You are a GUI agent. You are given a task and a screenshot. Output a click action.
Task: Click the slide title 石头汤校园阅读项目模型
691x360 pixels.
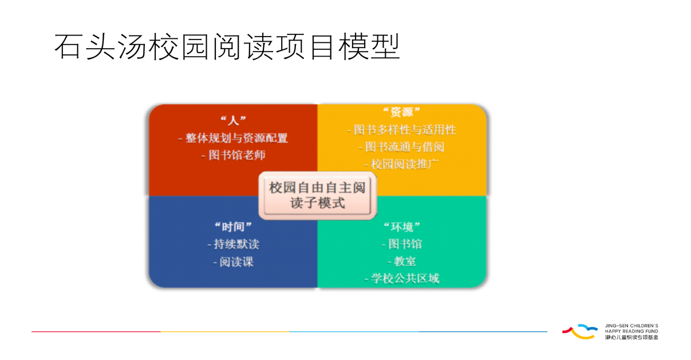[x=227, y=47]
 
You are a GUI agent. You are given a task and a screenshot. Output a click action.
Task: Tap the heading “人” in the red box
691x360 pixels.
[x=233, y=120]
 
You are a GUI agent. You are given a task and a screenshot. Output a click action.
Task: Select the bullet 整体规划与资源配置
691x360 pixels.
[x=233, y=138]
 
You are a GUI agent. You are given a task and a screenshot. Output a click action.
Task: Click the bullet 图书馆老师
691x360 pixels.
[x=233, y=155]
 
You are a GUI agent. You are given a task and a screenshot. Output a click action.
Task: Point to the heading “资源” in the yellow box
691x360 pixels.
[x=401, y=112]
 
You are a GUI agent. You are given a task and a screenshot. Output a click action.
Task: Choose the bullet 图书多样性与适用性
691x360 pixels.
[x=401, y=129]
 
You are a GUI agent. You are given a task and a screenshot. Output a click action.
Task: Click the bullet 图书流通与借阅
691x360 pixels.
[x=401, y=147]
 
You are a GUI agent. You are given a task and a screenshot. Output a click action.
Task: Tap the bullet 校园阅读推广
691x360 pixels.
[x=401, y=164]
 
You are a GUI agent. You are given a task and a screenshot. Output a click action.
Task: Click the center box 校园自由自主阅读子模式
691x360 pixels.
[x=317, y=196]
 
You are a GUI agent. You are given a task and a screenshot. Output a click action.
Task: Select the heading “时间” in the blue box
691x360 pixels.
[x=233, y=227]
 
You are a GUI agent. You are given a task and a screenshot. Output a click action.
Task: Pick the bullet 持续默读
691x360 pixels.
[x=233, y=244]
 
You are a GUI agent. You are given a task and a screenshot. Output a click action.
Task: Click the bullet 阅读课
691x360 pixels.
[x=233, y=262]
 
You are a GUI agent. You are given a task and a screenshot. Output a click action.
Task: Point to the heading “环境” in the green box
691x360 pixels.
[x=402, y=227]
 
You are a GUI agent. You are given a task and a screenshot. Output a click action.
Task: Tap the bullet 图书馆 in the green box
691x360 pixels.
[x=402, y=244]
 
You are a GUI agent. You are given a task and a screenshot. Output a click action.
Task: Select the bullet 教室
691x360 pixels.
[x=402, y=262]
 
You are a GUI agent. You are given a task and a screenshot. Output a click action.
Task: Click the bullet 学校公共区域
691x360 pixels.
[x=402, y=279]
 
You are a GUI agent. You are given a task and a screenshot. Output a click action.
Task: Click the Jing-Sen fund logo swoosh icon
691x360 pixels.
[x=580, y=331]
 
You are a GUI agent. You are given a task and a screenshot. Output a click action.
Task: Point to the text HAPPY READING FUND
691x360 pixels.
[x=631, y=331]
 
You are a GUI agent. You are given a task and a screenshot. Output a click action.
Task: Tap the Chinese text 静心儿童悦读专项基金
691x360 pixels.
[x=631, y=337]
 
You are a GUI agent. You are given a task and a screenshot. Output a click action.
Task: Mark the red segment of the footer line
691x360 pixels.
[x=96, y=331]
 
